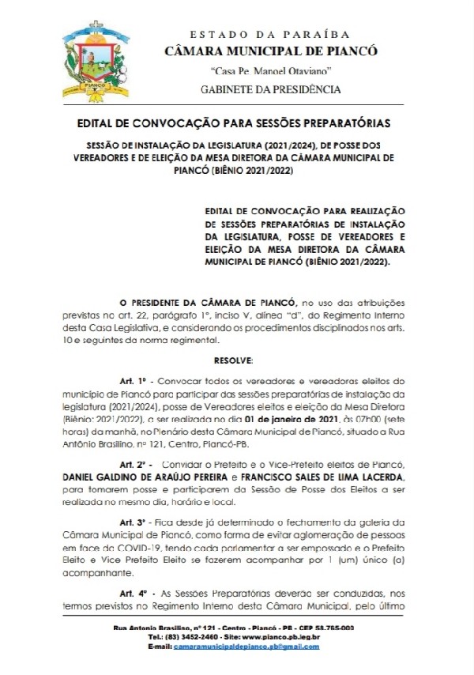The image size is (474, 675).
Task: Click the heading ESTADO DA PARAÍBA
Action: tap(269, 35)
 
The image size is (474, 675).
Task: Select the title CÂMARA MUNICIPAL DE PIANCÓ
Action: tap(270, 52)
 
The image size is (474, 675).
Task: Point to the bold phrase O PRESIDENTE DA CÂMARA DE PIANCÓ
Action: tap(208, 302)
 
